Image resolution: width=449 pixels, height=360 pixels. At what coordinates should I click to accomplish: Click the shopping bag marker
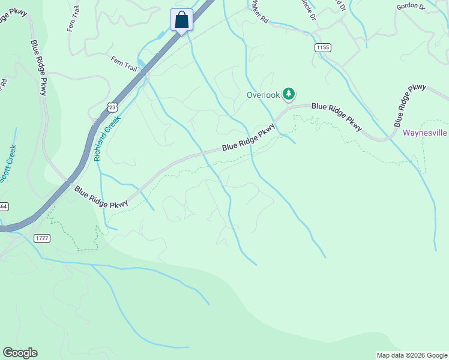tap(181, 20)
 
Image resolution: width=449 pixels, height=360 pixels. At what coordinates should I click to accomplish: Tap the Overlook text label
tap(263, 95)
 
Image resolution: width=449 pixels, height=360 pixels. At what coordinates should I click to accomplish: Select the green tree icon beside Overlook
tap(289, 94)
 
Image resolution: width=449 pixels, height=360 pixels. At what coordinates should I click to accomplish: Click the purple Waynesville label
tap(426, 133)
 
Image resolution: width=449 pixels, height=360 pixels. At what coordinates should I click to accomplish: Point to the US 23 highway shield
tap(112, 107)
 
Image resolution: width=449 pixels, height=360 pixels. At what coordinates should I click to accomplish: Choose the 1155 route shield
tap(322, 47)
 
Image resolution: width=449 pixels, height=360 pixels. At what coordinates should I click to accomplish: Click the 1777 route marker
tap(42, 238)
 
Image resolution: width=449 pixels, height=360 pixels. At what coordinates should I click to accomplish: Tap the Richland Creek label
tap(107, 139)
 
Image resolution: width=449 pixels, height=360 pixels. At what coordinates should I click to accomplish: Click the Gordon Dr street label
tap(411, 7)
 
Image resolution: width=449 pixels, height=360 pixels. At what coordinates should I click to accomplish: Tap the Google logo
tap(20, 353)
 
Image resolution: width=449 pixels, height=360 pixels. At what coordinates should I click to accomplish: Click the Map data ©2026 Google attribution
tap(412, 355)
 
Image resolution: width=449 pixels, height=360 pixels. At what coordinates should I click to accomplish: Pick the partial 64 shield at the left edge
tap(3, 206)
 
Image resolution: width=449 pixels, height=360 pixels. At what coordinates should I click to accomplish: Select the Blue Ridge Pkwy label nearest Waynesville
tap(410, 104)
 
